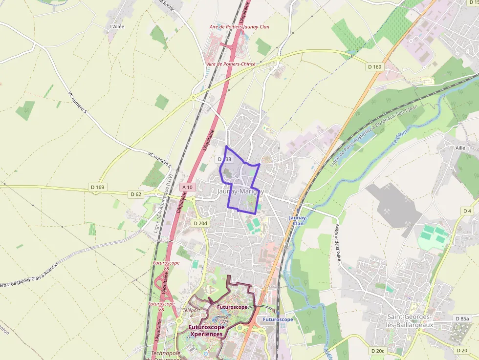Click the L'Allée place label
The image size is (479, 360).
coord(117,26)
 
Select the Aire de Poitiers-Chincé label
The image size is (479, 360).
coord(231,64)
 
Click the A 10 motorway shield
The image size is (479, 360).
coord(188,187)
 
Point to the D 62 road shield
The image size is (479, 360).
coord(136,194)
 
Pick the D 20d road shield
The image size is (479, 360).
coord(200,223)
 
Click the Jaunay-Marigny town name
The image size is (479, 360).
coord(240,192)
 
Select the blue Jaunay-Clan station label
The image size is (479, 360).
coord(298,220)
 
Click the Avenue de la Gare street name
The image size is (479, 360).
coord(337,243)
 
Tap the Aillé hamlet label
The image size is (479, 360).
coord(460,148)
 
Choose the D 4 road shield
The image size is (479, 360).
coord(467,211)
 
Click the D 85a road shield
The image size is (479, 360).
coord(461,318)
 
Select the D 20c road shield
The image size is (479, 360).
coord(378,351)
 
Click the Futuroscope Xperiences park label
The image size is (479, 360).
coord(206,331)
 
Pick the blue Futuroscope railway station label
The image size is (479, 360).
coord(278,319)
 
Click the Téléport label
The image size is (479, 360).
coord(191,310)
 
